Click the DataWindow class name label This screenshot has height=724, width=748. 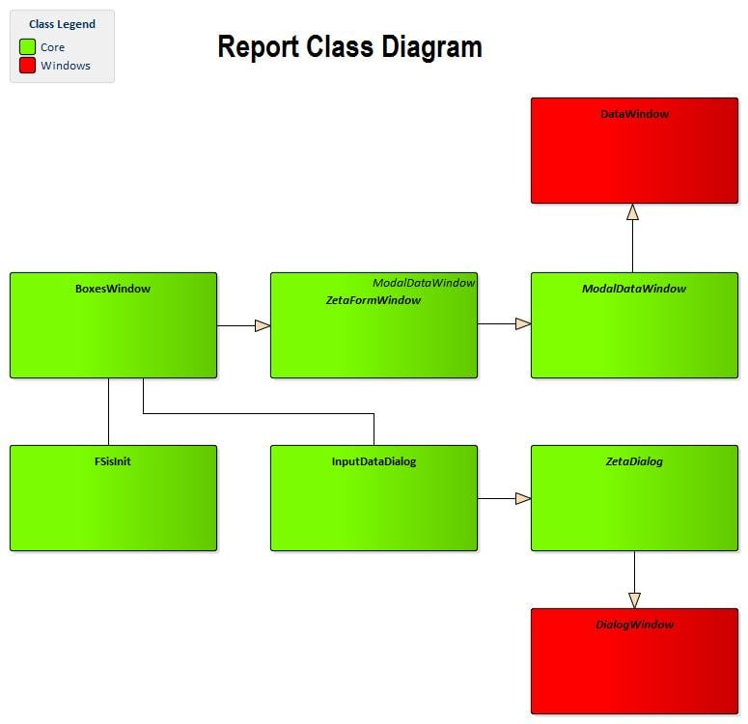[x=634, y=114]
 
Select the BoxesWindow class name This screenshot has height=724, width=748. [x=113, y=289]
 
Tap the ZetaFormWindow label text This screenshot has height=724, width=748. [x=374, y=300]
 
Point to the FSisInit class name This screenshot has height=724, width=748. [x=113, y=461]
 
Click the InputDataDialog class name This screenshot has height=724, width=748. [x=374, y=461]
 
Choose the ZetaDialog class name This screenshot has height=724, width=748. [x=634, y=461]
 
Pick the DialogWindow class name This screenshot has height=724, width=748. [x=635, y=625]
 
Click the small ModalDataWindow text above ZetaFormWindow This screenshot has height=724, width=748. [x=424, y=283]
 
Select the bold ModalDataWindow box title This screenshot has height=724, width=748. [x=634, y=289]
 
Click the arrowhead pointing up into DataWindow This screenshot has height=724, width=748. [x=632, y=212]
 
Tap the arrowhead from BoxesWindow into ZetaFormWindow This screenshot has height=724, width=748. [x=263, y=326]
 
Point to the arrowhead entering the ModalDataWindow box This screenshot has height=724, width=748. [x=523, y=324]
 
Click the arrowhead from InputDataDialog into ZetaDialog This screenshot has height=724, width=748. [x=523, y=499]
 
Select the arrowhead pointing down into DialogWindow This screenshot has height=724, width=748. [x=634, y=600]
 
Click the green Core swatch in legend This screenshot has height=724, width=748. [x=27, y=46]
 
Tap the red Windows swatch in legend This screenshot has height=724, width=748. [x=27, y=66]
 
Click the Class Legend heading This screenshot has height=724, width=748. [x=62, y=24]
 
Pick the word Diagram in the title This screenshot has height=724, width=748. [x=431, y=47]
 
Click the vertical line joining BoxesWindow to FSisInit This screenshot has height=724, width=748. [x=109, y=412]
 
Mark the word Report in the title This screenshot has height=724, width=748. [x=259, y=47]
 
